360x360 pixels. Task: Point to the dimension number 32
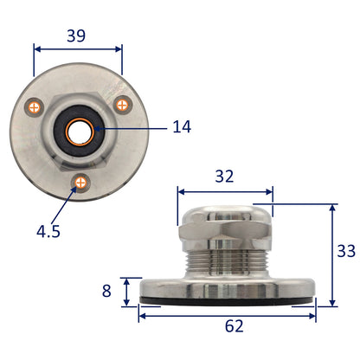(224, 177)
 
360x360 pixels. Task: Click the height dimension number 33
(344, 252)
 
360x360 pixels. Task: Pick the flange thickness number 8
(106, 291)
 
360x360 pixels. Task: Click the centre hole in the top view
(78, 130)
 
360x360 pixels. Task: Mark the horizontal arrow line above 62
(227, 313)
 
